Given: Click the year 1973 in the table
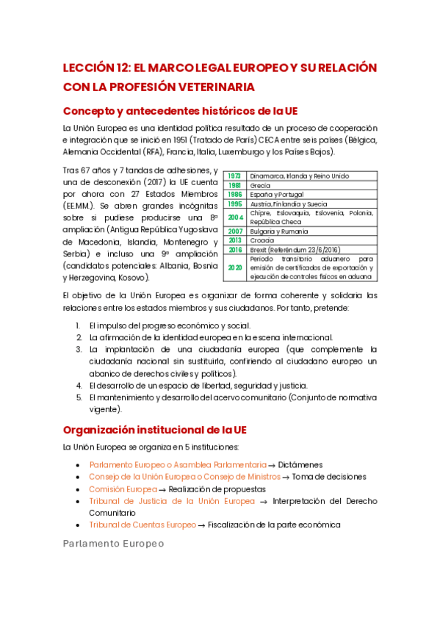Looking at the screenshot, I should pyautogui.click(x=235, y=176).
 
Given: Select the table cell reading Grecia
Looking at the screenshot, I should pyautogui.click(x=260, y=186).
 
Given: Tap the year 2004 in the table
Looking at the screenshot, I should pyautogui.click(x=235, y=217).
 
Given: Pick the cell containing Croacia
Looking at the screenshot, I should pyautogui.click(x=262, y=240).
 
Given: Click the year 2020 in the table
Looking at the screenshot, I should pyautogui.click(x=235, y=267).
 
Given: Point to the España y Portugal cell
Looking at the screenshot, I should pyautogui.click(x=276, y=195).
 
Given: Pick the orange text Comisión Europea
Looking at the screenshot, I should pyautogui.click(x=123, y=489).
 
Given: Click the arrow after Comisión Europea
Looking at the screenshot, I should pyautogui.click(x=162, y=489).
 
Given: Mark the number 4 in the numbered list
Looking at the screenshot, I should pyautogui.click(x=79, y=385).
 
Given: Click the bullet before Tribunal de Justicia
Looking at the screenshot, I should pyautogui.click(x=79, y=501).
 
